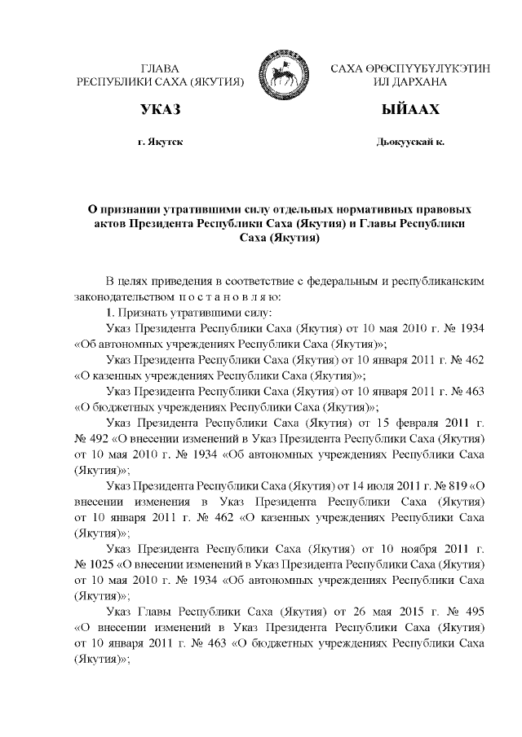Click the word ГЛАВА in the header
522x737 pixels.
160,68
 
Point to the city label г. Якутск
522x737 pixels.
161,142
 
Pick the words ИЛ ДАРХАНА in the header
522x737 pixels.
410,82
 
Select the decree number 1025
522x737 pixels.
101,564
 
